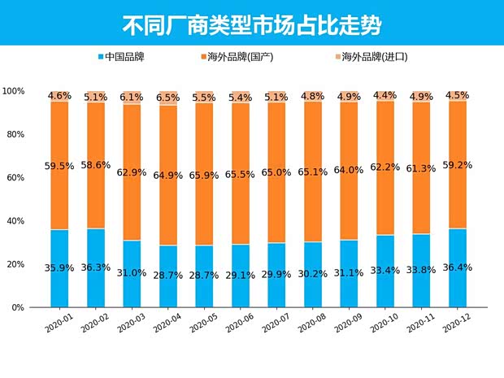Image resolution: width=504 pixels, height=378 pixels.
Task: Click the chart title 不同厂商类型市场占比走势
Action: [x=251, y=23]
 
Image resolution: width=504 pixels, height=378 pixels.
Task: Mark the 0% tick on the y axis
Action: [x=19, y=308]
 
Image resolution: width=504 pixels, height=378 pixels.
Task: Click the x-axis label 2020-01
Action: [x=58, y=324]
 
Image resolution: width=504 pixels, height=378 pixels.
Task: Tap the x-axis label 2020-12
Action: [x=455, y=324]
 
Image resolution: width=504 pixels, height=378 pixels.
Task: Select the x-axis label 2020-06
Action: [x=238, y=324]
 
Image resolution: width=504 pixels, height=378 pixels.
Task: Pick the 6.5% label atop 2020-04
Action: [x=168, y=98]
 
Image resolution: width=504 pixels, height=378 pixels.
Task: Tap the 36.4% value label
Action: [x=457, y=267]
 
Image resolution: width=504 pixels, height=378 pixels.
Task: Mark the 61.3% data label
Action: [x=421, y=168]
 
